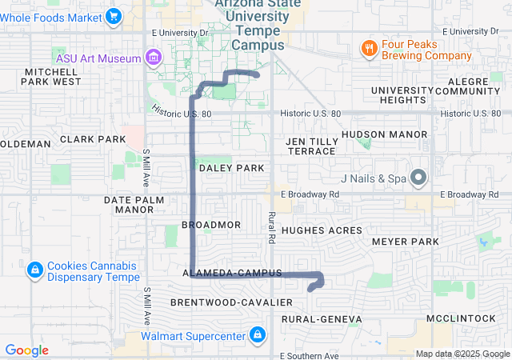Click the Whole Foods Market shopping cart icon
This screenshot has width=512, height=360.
[x=114, y=15]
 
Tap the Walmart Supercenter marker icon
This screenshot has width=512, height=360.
[x=258, y=334]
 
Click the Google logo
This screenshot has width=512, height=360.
[x=27, y=350]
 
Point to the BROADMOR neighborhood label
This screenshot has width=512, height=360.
[x=211, y=226]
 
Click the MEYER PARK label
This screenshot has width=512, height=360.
[x=406, y=242]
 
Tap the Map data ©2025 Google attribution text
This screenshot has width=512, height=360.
[x=462, y=354]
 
